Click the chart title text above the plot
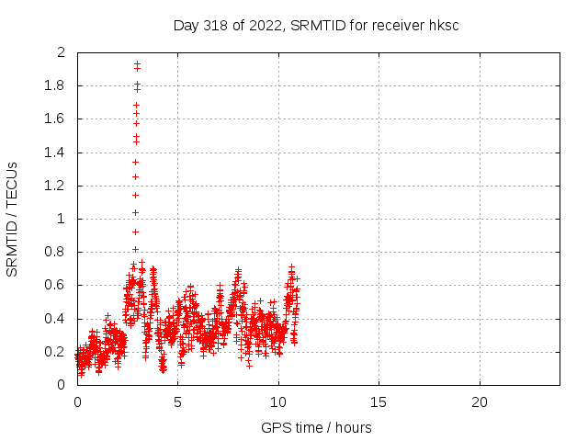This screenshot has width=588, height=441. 316,25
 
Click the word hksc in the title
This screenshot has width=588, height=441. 444,25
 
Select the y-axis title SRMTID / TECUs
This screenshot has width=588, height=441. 13,219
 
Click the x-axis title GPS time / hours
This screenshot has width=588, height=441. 316,427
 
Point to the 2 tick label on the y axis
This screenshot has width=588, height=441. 62,52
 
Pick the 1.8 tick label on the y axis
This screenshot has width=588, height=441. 56,85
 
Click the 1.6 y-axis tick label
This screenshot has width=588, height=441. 56,119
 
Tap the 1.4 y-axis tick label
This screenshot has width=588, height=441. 56,153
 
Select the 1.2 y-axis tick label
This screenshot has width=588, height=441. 56,186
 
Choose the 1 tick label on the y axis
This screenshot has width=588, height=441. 62,219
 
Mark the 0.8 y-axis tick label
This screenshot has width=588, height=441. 56,252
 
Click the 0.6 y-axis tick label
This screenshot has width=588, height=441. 56,285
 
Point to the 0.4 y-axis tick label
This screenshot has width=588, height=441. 56,319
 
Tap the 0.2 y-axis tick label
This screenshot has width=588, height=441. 56,352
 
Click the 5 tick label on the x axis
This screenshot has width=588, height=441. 177,402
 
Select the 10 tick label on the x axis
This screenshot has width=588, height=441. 277,402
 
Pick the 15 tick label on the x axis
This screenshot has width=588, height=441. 379,402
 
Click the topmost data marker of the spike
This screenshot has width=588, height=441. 137,63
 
